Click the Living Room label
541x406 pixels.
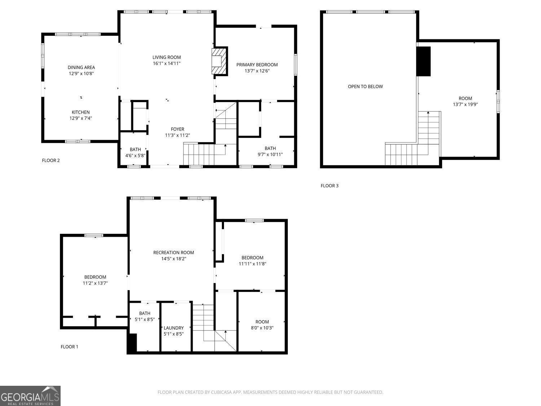[166, 57]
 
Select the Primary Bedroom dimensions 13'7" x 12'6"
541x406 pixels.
[257, 71]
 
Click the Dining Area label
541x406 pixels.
[81, 67]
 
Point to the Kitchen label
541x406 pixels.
[80, 112]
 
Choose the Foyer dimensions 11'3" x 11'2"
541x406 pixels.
[177, 135]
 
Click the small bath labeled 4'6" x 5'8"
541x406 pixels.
[135, 152]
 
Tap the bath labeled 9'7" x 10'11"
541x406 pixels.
[270, 151]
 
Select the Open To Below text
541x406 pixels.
[365, 87]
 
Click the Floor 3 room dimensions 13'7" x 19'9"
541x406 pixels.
[465, 105]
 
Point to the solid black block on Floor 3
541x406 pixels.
[423, 61]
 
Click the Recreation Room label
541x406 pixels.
[173, 253]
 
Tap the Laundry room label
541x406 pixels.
[173, 328]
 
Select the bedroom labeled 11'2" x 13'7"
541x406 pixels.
[95, 280]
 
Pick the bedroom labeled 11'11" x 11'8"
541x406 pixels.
[252, 261]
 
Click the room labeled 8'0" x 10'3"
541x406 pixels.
[262, 325]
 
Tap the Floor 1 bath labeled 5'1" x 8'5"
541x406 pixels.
[144, 316]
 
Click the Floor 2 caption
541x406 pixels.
[51, 161]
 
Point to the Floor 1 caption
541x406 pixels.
[69, 347]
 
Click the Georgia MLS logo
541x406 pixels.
[30, 396]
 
